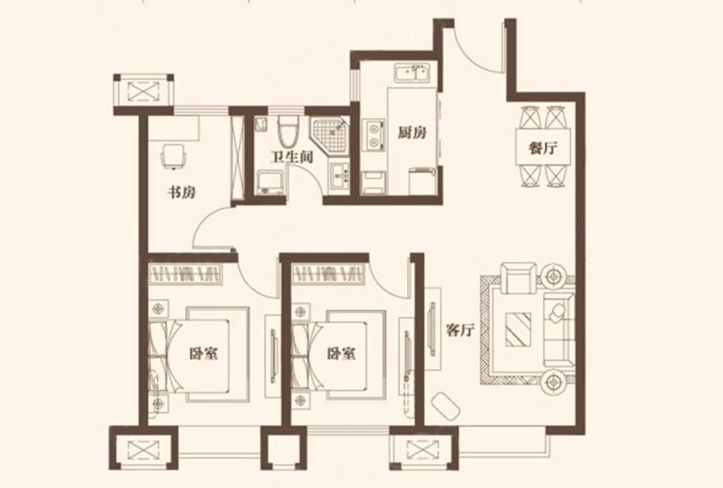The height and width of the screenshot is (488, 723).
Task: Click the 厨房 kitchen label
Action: tap(412, 133)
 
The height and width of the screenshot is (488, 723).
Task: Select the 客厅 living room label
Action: tap(460, 330)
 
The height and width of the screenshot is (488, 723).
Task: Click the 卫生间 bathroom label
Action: tap(292, 157)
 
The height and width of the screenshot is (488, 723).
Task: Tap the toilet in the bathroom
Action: tap(288, 129)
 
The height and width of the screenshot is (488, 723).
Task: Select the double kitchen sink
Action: tap(412, 74)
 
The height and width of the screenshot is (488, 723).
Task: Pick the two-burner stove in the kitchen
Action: tap(374, 136)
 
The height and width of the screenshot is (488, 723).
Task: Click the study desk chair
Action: tap(174, 155)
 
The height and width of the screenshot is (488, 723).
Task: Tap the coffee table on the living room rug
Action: tap(518, 330)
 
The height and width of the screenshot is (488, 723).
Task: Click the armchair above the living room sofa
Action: tap(519, 278)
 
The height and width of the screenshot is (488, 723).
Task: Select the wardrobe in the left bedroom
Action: tap(185, 275)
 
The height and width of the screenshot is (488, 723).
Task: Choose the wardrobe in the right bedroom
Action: tap(328, 275)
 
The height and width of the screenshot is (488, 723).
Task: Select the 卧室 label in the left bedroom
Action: tap(204, 354)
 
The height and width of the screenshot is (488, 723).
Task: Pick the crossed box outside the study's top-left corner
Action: tap(144, 90)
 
